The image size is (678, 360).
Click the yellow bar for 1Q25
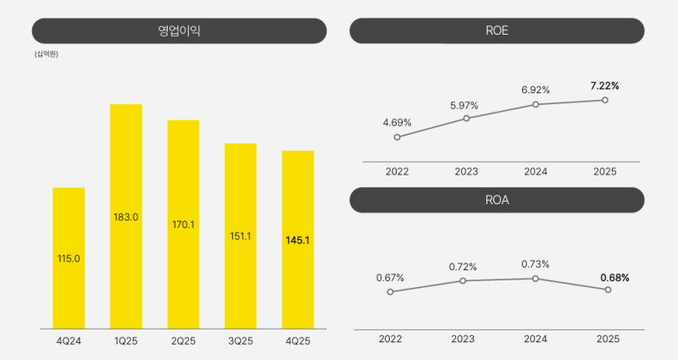(x=125, y=216)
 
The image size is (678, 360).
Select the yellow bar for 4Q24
(x=69, y=258)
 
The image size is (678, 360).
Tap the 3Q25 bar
(x=240, y=235)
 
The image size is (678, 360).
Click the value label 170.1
(x=183, y=224)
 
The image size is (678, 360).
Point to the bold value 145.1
(x=297, y=241)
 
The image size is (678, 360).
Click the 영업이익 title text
(x=179, y=31)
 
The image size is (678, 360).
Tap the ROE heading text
(x=497, y=31)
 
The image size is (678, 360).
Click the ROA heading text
(x=497, y=201)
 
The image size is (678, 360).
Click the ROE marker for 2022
(x=397, y=136)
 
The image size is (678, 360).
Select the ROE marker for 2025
(x=605, y=100)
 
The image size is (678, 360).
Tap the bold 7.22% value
(x=605, y=86)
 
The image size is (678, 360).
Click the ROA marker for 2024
(x=536, y=278)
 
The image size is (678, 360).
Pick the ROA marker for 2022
(x=391, y=291)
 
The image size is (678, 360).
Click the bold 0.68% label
(x=614, y=277)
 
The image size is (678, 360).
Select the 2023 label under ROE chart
(x=466, y=171)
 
